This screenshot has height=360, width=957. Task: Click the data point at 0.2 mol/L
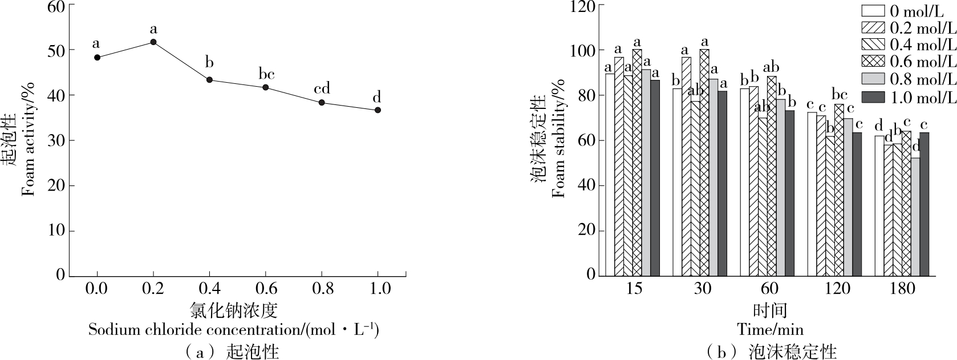[153, 42]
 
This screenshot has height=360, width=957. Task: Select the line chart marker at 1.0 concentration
[378, 110]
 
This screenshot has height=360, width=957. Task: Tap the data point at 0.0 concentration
[97, 57]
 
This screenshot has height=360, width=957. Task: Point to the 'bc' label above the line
[266, 74]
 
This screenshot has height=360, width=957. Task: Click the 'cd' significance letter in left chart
[322, 88]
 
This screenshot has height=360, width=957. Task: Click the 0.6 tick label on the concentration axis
[266, 288]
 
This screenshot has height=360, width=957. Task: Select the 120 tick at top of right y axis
[583, 7]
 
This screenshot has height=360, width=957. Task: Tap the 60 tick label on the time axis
[769, 288]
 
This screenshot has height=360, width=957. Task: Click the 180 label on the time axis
[903, 288]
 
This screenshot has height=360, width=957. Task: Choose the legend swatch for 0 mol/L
[873, 11]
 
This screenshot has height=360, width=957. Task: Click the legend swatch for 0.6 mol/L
[873, 62]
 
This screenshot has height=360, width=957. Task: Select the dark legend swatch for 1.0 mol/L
[873, 97]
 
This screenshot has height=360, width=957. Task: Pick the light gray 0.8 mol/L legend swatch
[873, 79]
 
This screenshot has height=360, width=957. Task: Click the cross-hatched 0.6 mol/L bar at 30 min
[704, 165]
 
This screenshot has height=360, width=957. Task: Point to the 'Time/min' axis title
[769, 329]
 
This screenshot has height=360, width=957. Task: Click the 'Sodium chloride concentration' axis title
[234, 330]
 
